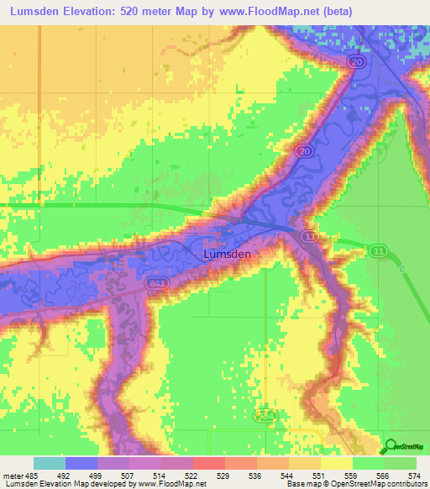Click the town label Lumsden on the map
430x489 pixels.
(227, 252)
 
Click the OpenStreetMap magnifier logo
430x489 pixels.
(391, 445)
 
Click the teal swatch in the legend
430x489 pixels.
(50, 463)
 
